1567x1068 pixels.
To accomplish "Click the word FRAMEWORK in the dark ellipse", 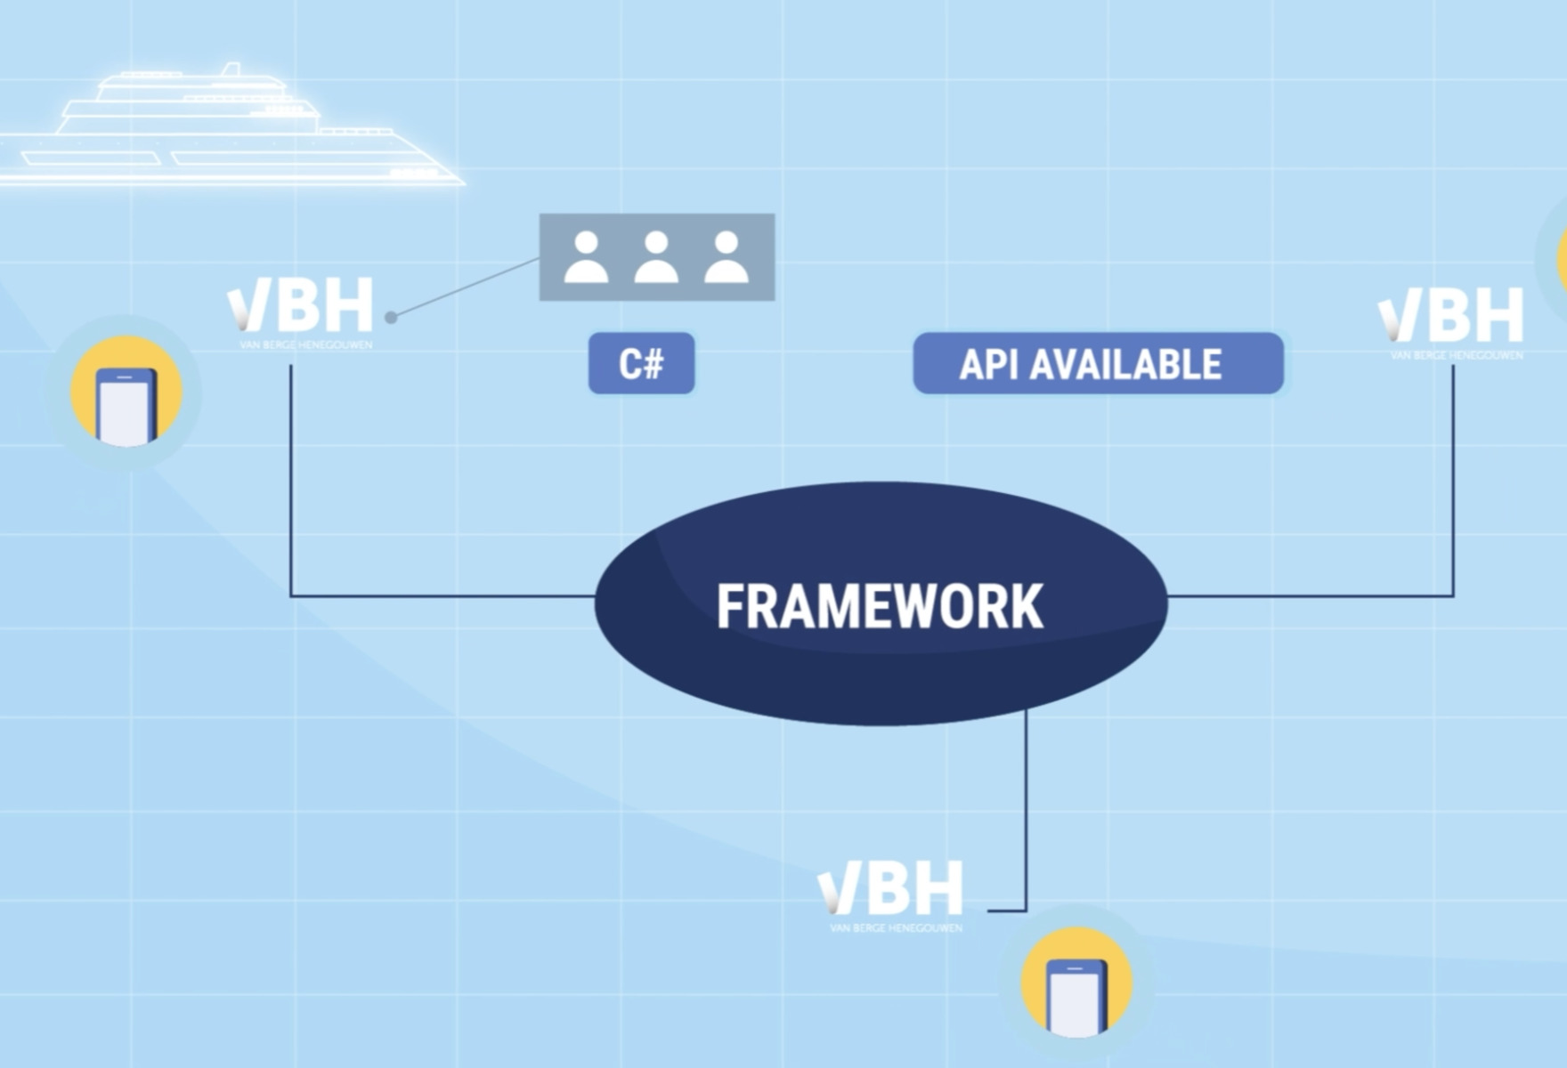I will [880, 607].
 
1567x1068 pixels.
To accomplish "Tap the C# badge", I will [641, 363].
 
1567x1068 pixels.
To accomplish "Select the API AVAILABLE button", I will [1098, 363].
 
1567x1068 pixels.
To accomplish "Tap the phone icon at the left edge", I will [126, 392].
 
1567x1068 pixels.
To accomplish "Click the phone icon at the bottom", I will [1076, 983].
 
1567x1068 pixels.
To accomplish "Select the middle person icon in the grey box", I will [656, 257].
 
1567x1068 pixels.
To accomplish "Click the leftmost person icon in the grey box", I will [586, 257].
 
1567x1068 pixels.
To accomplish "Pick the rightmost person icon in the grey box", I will [727, 257].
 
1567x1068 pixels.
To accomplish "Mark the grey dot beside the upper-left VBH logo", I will [390, 317].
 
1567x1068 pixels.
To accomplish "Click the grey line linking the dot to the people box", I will [465, 287].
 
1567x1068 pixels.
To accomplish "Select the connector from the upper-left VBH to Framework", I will [291, 498].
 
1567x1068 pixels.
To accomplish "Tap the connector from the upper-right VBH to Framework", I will [1453, 498].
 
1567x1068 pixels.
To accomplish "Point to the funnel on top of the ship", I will [231, 70].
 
